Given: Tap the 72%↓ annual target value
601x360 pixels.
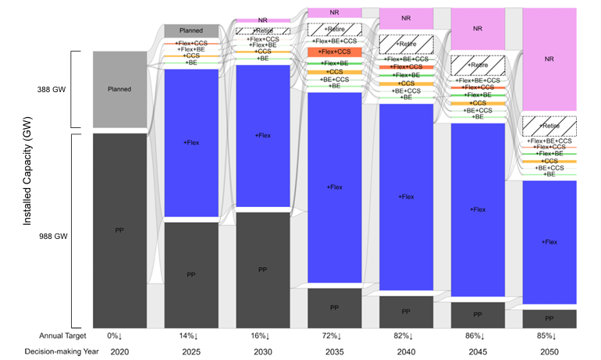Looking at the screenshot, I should coord(334,336).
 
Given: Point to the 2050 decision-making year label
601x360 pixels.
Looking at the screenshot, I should coord(549,352).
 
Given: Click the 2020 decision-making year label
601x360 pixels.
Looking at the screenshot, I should coord(119,352).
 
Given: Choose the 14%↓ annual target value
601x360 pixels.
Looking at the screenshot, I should coord(190,336).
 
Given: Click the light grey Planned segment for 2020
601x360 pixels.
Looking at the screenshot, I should coord(119,89).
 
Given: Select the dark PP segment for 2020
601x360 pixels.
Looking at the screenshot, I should coord(119,230).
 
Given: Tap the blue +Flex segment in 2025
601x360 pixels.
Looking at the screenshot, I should coord(190,142).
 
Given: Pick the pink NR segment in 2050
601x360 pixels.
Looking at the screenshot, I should coord(549,59).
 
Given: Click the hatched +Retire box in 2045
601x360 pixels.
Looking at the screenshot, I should coord(478,66).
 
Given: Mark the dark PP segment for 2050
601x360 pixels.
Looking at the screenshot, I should coord(549,319).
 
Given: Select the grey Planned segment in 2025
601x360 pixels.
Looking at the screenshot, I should coord(190,30).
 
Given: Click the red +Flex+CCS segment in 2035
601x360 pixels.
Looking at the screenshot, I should coord(334,52).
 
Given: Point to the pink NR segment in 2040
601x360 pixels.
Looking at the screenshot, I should coord(406,17).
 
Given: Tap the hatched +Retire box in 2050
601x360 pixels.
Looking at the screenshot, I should coord(549,126).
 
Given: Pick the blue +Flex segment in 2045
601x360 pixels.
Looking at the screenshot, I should coord(478,209).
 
